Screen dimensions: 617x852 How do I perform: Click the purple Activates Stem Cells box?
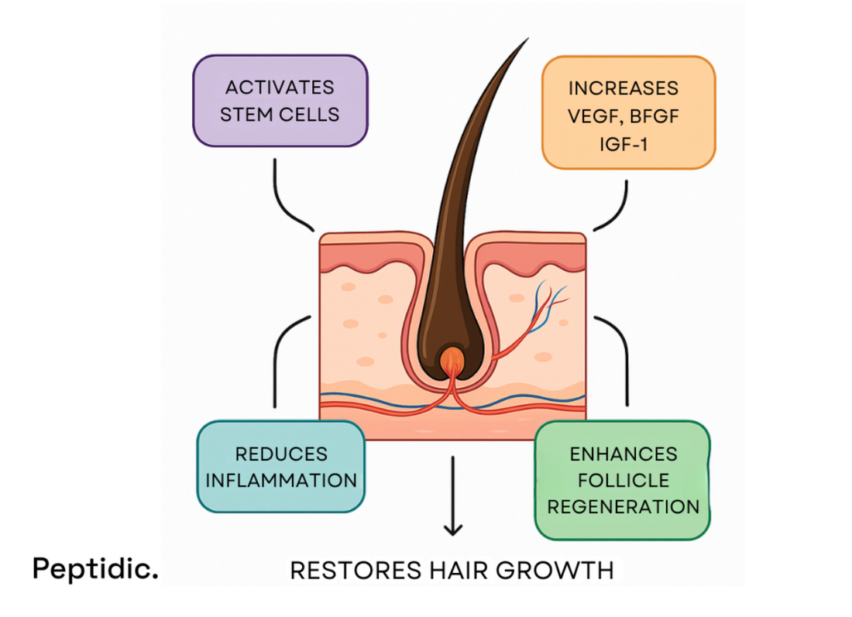tap(280, 101)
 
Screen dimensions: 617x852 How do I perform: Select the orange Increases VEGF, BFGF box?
tap(627, 112)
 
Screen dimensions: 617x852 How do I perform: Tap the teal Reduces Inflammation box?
tap(280, 466)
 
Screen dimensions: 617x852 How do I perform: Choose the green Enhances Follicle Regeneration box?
tap(623, 480)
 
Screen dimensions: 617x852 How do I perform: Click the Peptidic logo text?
tap(94, 569)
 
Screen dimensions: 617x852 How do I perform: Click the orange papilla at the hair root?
tap(452, 360)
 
